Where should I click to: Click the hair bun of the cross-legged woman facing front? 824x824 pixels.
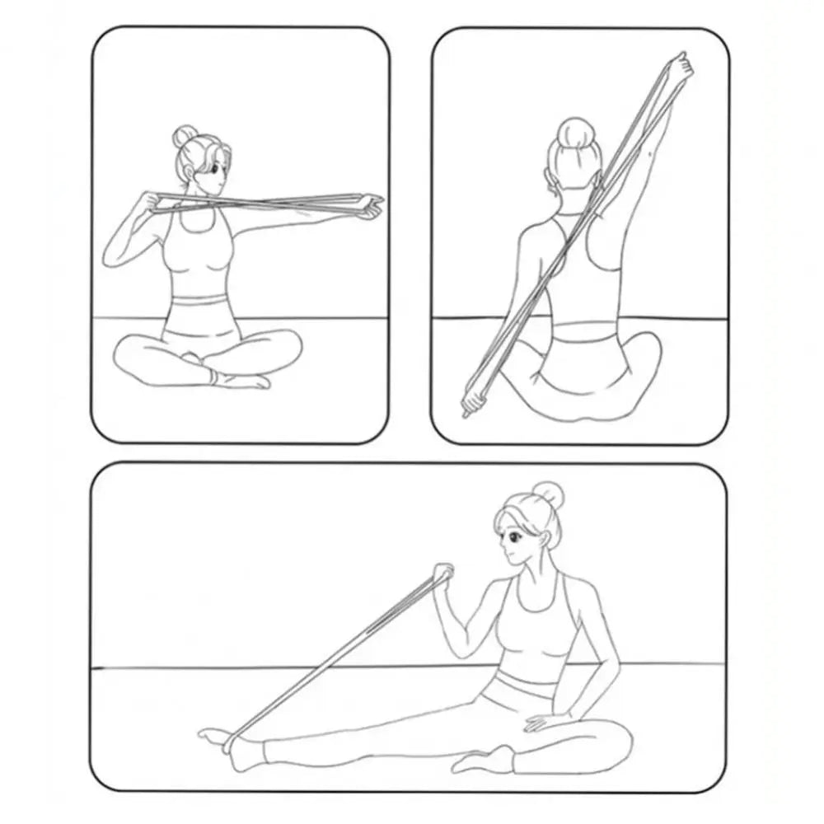[x=185, y=137]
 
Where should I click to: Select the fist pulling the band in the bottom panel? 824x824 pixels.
[x=442, y=574]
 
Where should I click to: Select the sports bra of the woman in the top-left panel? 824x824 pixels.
[x=195, y=247]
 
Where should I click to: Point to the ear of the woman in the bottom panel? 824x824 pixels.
[x=545, y=538]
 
